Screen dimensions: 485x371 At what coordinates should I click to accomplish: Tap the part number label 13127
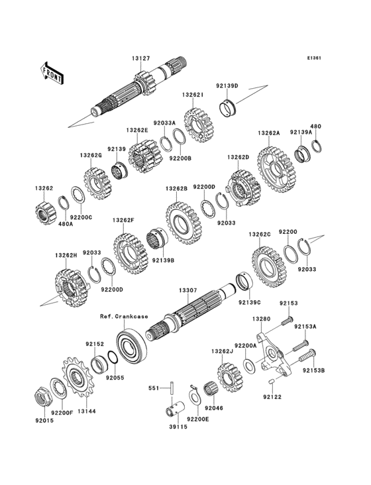[140, 59]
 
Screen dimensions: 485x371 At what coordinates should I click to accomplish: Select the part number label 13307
[187, 290]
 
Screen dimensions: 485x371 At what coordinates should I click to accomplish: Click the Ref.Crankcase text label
[124, 316]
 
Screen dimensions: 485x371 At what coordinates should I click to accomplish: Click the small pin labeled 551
[169, 386]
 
